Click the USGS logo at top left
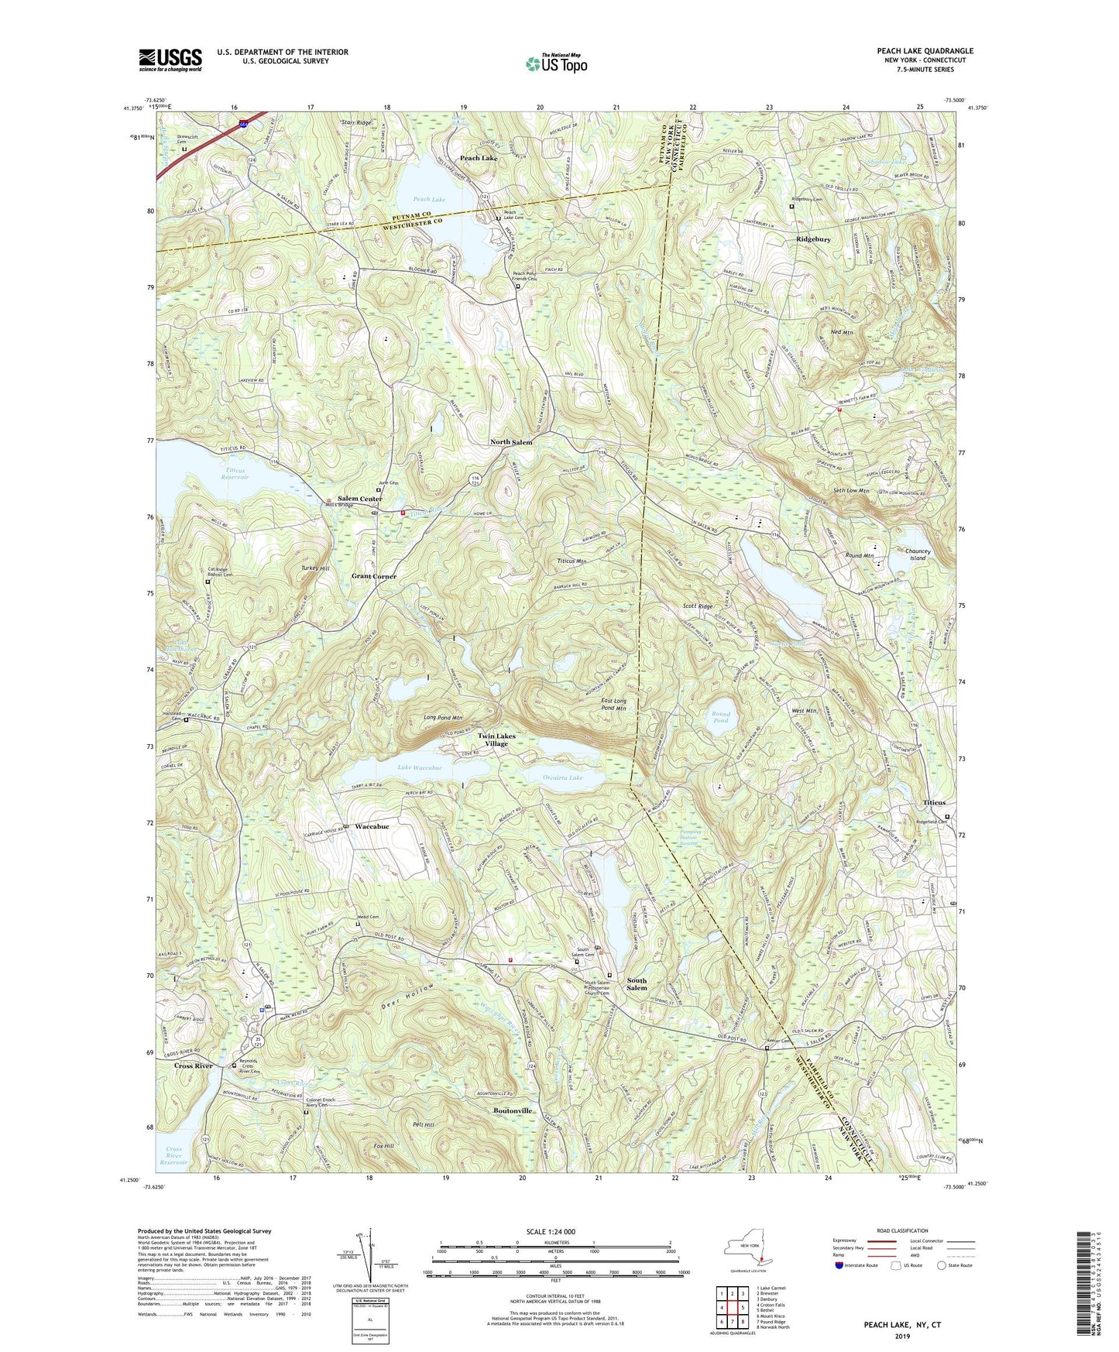(170, 60)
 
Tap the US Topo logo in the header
(556, 63)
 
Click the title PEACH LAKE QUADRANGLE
(925, 51)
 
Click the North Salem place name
(511, 442)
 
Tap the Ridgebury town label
(813, 239)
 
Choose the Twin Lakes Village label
(496, 739)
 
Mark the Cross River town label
(193, 1065)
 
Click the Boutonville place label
(513, 1110)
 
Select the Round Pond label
(720, 717)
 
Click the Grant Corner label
(374, 576)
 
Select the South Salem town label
(637, 984)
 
